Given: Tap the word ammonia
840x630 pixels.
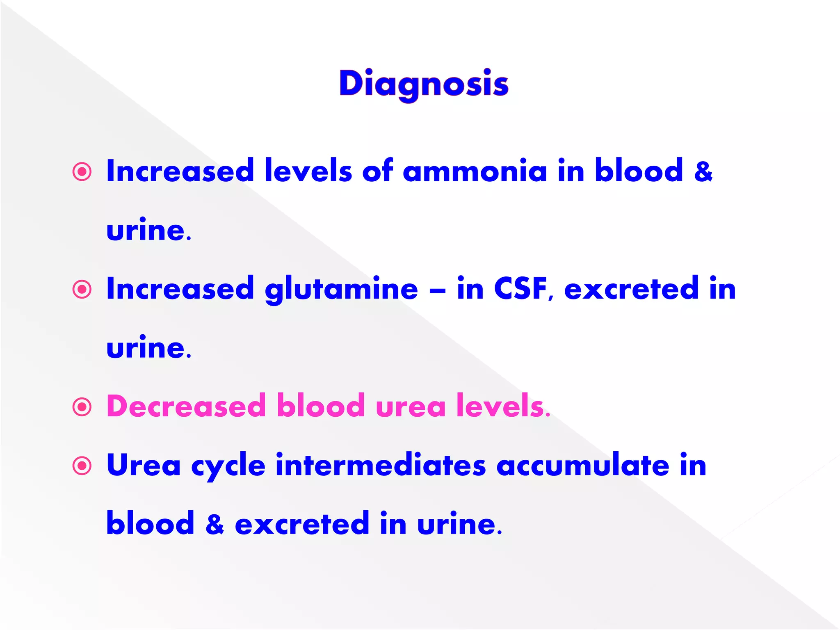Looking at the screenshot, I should tap(475, 171).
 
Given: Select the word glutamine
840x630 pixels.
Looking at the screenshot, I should tap(341, 290).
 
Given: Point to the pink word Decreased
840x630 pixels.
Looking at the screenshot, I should tap(186, 406).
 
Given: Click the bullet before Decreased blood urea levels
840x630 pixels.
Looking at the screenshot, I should tap(82, 407).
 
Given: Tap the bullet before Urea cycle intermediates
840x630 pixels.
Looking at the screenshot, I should tap(82, 466).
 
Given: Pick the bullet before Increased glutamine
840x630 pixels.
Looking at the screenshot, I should tap(82, 290).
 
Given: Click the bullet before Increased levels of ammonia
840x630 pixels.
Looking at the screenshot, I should tap(82, 172).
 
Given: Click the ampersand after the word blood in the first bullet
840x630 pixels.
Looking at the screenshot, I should tap(703, 171).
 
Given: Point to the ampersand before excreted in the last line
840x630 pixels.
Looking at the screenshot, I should tap(215, 524).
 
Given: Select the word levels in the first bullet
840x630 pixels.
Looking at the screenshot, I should tap(308, 171).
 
